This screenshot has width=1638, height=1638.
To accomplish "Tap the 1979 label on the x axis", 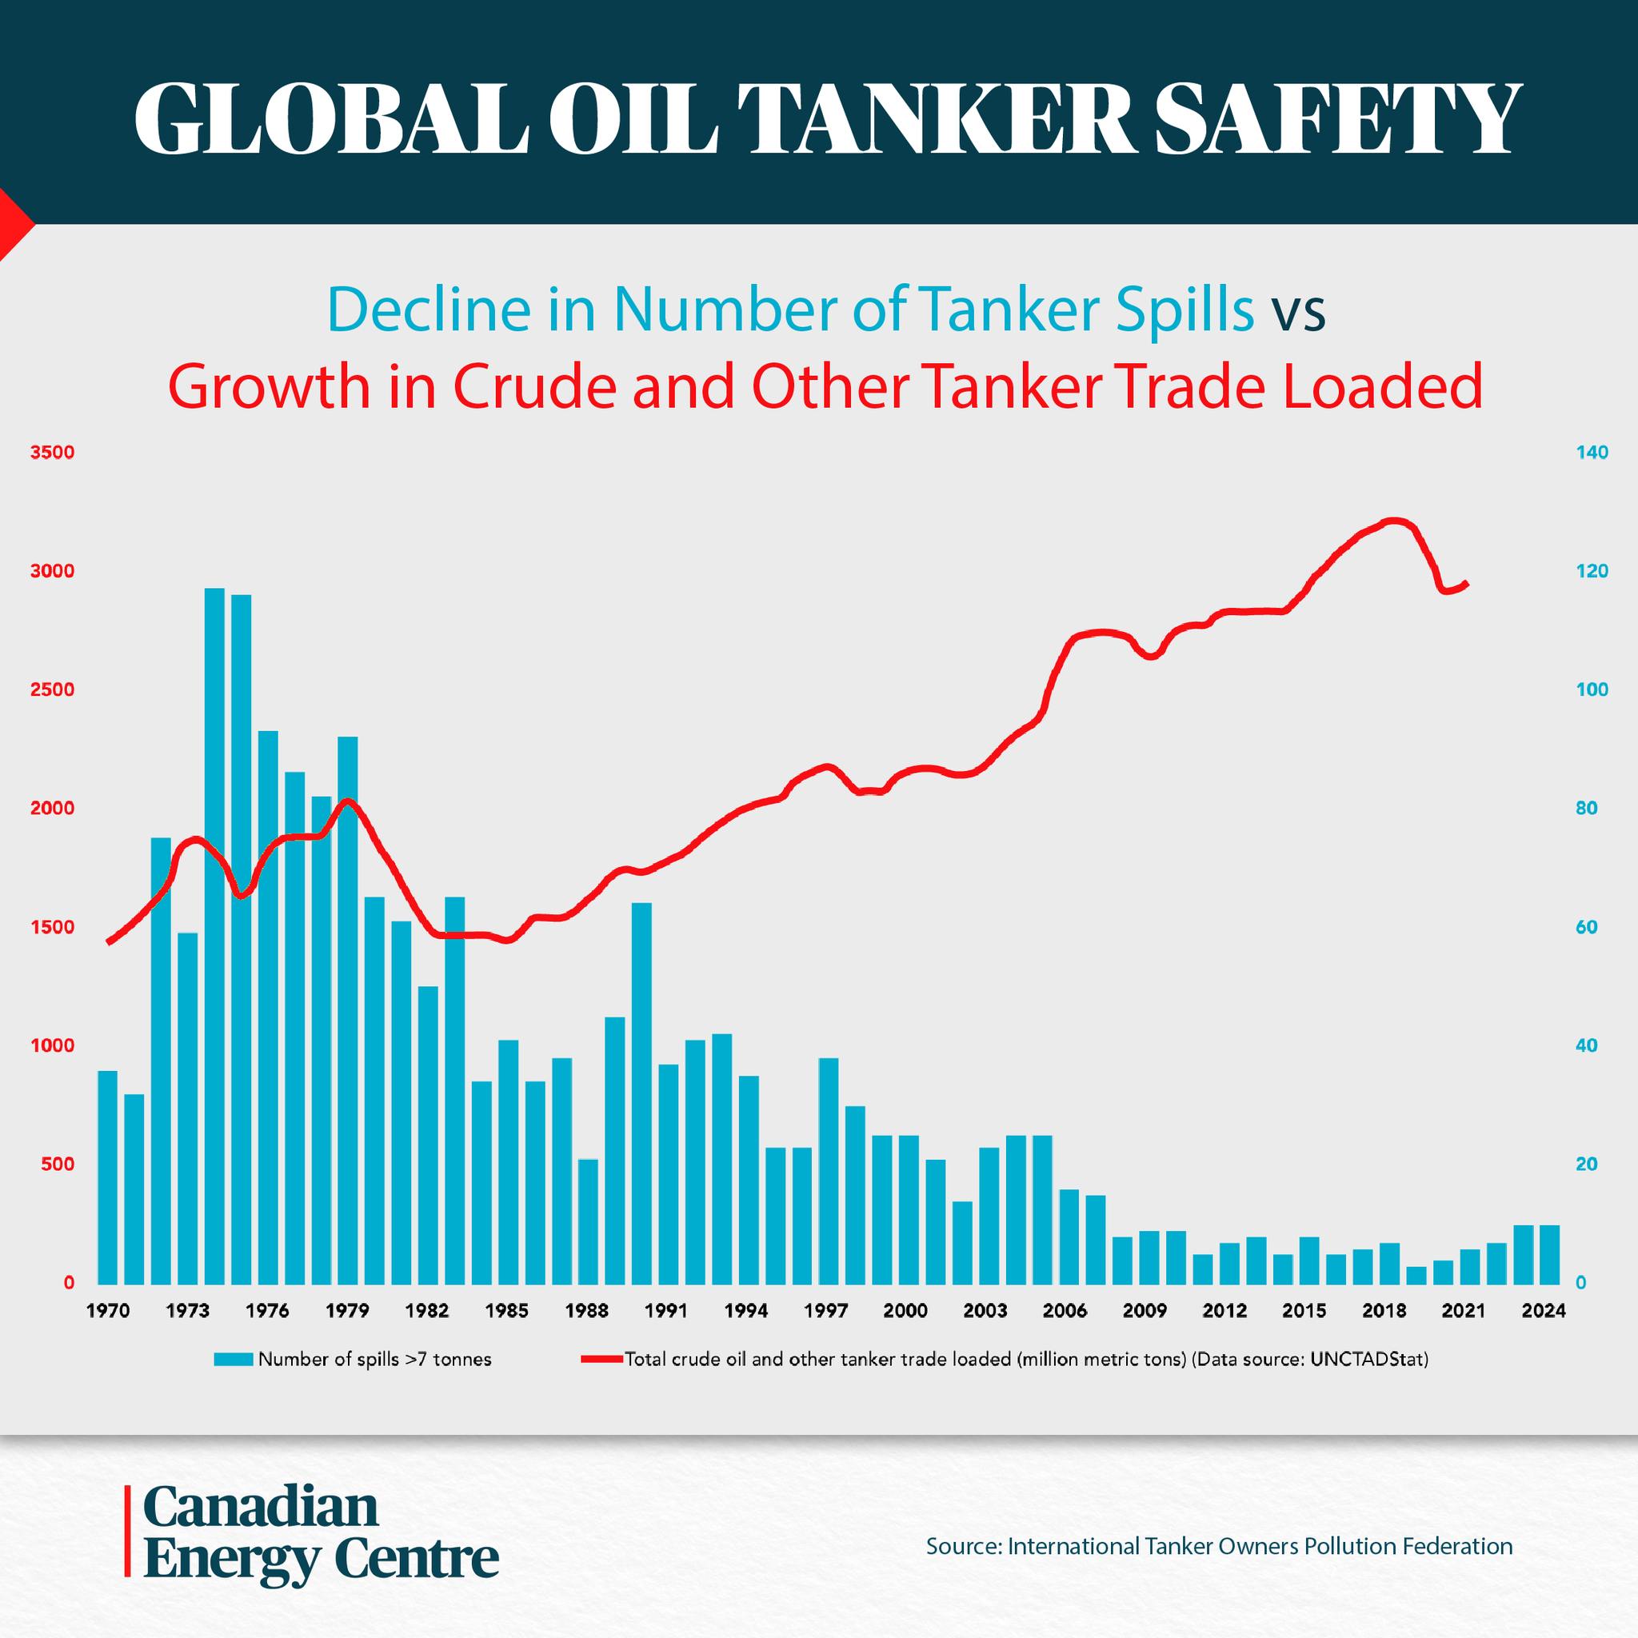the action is click(x=347, y=1311).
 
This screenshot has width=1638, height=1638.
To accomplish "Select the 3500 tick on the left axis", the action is click(x=53, y=453).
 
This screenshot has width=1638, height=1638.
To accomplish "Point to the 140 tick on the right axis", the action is click(x=1592, y=453).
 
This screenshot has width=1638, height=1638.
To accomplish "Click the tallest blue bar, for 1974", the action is click(x=214, y=936).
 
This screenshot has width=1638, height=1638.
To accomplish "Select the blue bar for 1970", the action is click(x=108, y=1177).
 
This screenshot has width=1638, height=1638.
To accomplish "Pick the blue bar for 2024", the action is click(x=1549, y=1255).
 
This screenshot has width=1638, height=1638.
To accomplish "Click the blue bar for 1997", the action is click(x=829, y=1171).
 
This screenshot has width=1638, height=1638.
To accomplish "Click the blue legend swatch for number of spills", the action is click(x=234, y=1360).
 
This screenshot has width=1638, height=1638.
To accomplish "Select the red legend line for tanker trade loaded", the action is click(x=602, y=1360).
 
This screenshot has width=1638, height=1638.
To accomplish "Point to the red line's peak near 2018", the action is click(x=1394, y=520).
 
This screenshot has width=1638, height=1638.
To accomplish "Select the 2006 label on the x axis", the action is click(x=1065, y=1311).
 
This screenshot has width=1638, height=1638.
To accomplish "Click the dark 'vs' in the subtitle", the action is click(x=1297, y=312).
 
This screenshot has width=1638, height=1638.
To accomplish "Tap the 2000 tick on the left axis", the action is click(x=53, y=809).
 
